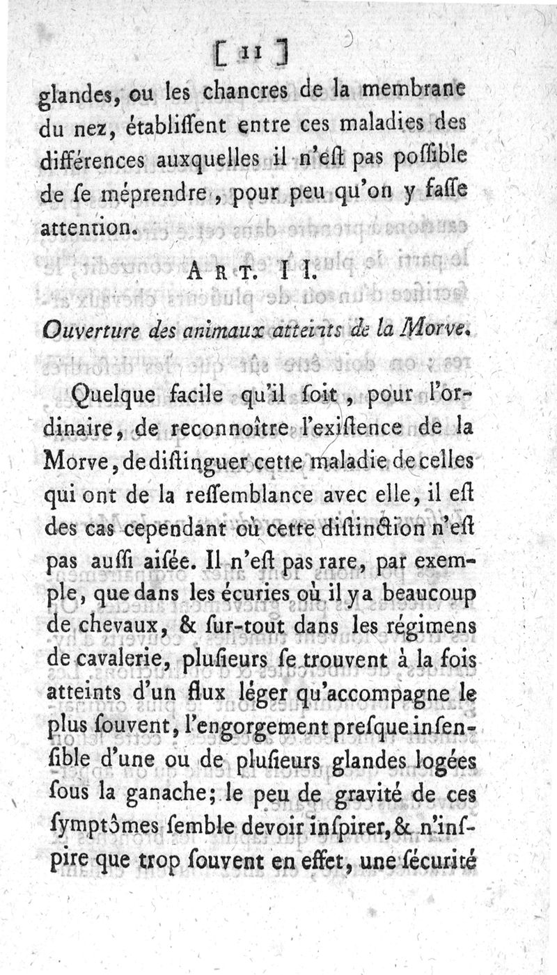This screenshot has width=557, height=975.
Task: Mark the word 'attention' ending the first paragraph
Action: click(x=89, y=226)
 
